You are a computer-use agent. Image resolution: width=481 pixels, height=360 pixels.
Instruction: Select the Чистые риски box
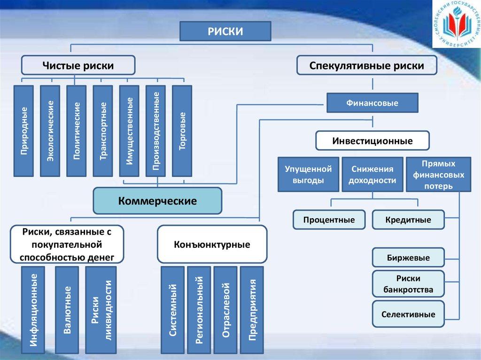(x=78, y=66)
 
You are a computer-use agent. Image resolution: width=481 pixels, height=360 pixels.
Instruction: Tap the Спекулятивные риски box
(x=367, y=66)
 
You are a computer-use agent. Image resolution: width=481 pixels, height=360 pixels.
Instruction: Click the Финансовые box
(x=372, y=103)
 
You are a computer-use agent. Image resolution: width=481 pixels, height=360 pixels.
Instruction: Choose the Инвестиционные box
(x=372, y=141)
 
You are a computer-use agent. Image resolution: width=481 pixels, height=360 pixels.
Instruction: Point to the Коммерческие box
(x=157, y=201)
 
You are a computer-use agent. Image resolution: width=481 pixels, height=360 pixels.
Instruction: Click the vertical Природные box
(x=23, y=131)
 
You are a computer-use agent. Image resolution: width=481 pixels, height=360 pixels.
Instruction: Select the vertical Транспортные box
(x=103, y=131)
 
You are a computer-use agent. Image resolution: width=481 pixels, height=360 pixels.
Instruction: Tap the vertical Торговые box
(x=182, y=131)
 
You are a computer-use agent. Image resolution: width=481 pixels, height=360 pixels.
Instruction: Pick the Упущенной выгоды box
(x=308, y=174)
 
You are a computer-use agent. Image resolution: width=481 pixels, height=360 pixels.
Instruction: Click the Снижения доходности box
(x=372, y=174)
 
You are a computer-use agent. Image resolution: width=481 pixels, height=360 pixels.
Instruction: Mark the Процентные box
(x=329, y=220)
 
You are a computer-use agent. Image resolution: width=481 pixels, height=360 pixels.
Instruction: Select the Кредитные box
(x=408, y=220)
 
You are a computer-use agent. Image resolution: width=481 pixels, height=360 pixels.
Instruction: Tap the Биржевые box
(x=408, y=257)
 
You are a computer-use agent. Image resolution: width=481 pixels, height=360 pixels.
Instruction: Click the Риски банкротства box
(x=408, y=283)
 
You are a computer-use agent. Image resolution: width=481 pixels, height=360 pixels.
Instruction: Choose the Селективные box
(x=408, y=314)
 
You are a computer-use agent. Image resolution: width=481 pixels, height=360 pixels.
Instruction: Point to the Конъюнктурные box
(x=212, y=244)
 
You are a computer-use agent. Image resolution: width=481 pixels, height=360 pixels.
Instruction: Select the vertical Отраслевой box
(x=226, y=310)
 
